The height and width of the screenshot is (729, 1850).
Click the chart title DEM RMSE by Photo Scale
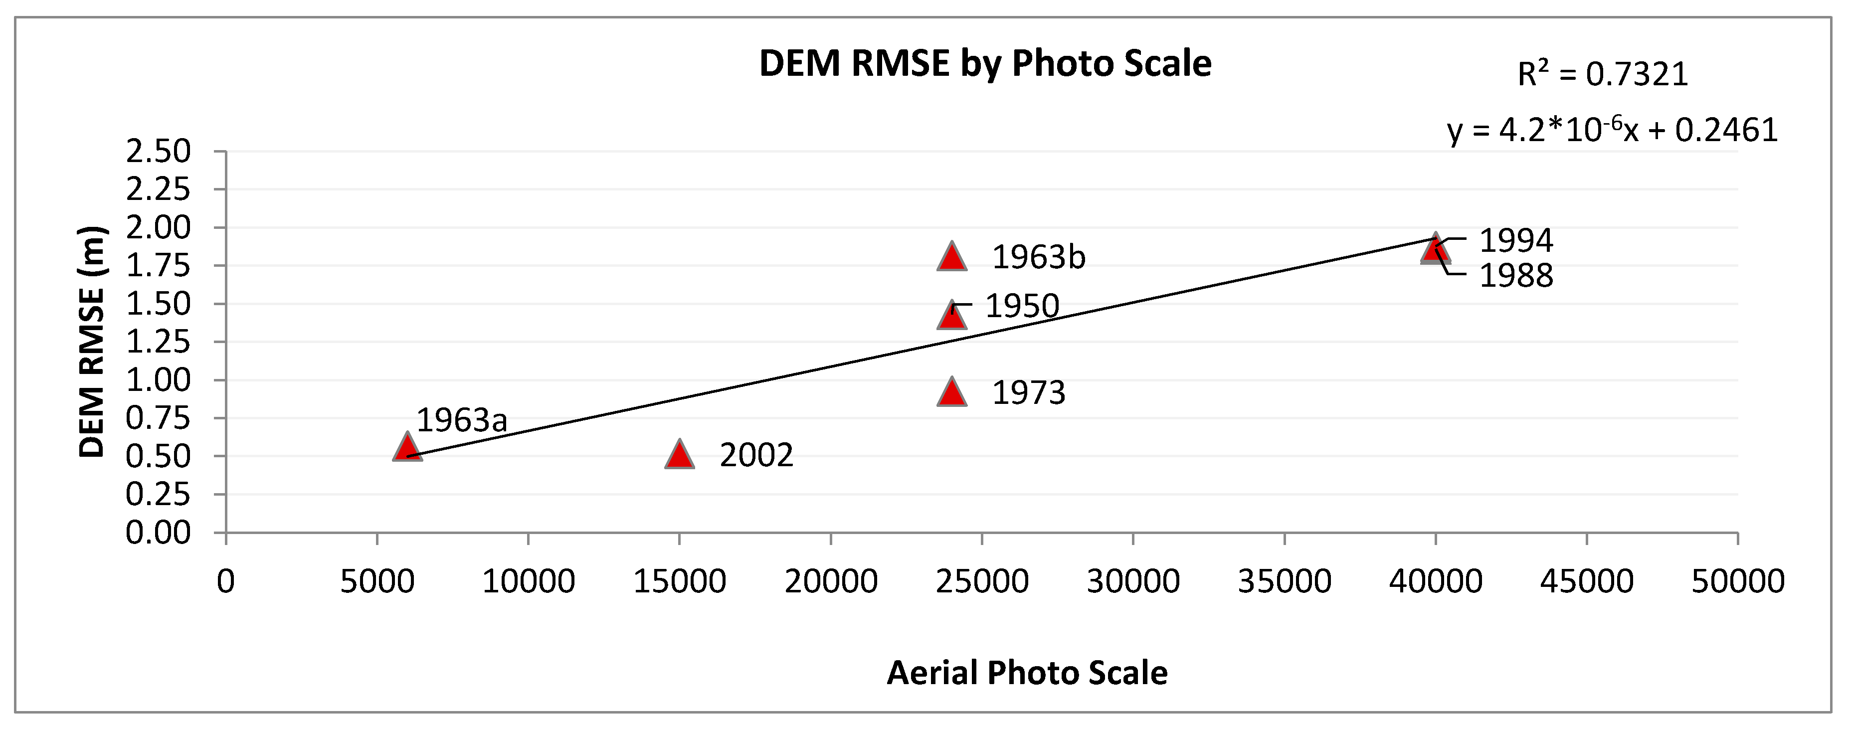[985, 64]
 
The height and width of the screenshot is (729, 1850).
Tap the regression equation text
[1612, 131]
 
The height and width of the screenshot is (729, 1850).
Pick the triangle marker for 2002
[679, 455]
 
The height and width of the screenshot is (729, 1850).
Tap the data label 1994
[1516, 241]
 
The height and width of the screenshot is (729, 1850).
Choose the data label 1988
[1516, 276]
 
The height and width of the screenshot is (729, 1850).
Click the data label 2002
[756, 455]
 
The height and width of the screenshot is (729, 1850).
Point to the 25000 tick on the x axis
[982, 581]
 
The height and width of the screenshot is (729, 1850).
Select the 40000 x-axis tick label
[1435, 581]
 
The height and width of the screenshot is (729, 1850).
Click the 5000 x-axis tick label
[377, 581]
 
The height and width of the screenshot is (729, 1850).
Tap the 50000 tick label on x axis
[1737, 581]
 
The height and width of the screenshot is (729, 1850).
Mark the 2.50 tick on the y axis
[158, 152]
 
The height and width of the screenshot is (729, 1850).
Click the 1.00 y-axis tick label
[158, 380]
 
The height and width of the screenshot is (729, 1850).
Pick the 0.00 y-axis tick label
[158, 533]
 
